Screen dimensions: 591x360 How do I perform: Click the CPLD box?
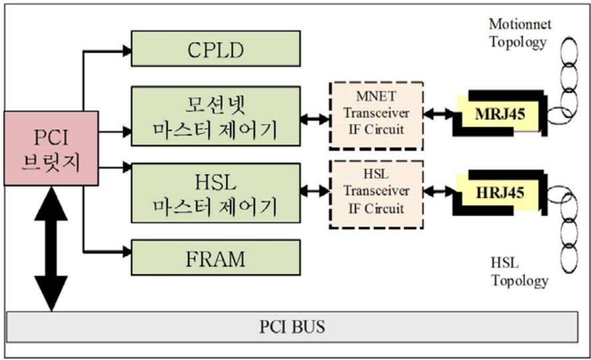(216, 49)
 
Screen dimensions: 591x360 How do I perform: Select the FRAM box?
(216, 257)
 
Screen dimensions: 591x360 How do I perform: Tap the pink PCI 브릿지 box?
(51, 148)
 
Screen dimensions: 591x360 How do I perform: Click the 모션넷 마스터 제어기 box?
(216, 116)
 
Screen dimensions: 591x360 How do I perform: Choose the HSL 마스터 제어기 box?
(216, 193)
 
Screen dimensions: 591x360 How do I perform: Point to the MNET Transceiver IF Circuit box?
(376, 116)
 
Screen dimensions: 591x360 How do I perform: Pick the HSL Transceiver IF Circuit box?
(376, 195)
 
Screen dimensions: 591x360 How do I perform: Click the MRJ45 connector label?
(500, 114)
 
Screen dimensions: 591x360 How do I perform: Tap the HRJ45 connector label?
(500, 193)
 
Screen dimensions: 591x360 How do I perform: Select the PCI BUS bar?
(293, 327)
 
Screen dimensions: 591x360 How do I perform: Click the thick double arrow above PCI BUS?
(51, 249)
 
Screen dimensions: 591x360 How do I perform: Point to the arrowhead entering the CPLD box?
(127, 51)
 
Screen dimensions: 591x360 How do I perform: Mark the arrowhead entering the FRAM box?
(127, 251)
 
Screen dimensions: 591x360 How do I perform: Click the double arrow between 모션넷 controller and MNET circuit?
(314, 119)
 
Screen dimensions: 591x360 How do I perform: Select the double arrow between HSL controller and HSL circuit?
(314, 191)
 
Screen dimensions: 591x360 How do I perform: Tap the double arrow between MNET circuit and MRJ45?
(438, 113)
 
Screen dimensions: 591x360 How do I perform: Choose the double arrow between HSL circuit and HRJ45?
(438, 191)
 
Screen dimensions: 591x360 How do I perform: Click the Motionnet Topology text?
(520, 33)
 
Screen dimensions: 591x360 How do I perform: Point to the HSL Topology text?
(520, 272)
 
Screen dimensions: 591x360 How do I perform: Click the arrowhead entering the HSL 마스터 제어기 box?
(127, 167)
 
